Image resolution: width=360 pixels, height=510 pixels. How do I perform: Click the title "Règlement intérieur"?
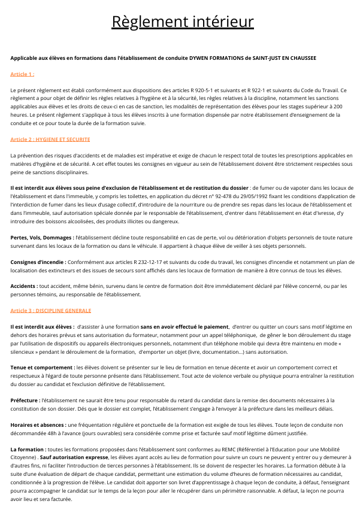(183, 22)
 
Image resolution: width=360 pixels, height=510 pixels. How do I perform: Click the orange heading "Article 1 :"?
(22, 74)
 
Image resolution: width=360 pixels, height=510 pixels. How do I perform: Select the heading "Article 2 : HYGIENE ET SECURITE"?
(50, 139)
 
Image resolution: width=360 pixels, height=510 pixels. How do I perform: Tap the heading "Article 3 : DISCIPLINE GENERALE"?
(51, 311)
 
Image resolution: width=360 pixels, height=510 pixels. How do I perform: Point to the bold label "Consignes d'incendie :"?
(38, 262)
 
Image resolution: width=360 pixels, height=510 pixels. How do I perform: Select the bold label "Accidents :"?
(25, 286)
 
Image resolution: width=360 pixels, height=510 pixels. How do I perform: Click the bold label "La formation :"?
(28, 448)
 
